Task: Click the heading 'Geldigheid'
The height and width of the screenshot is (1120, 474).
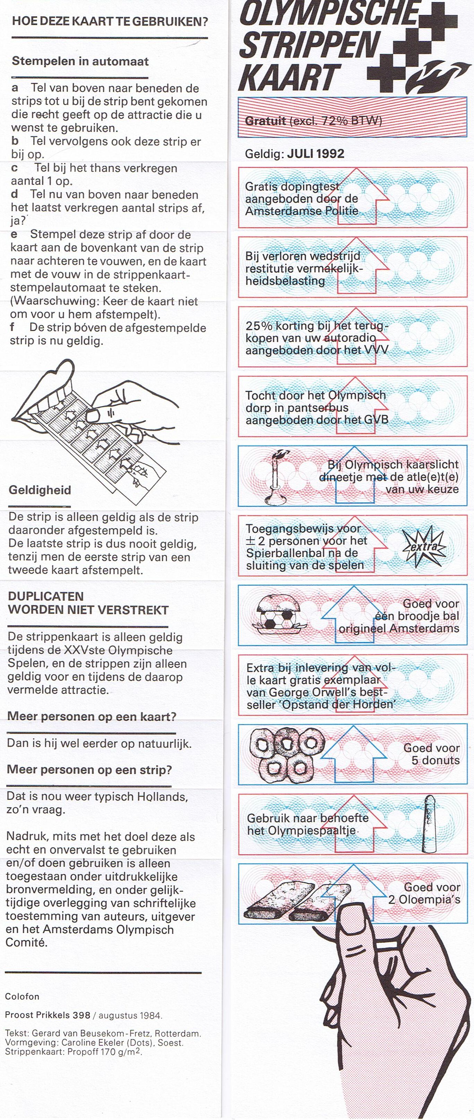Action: click(x=40, y=490)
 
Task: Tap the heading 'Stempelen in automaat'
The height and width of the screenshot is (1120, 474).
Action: click(x=80, y=61)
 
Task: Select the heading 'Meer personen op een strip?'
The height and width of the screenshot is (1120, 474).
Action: click(x=89, y=770)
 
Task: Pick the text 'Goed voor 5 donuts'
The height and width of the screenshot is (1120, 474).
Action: click(x=431, y=754)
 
